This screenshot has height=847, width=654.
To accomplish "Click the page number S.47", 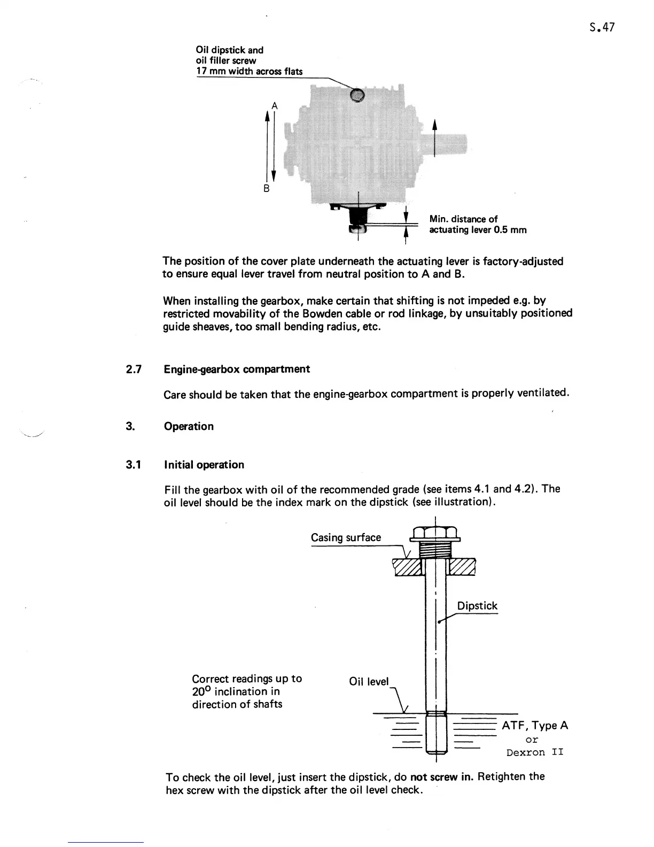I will click(x=599, y=27).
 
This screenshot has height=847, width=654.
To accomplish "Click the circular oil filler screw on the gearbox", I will click(x=357, y=95).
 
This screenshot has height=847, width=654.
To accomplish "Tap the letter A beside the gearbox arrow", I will click(x=274, y=105).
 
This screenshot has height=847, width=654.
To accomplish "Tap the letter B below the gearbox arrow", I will click(x=267, y=189).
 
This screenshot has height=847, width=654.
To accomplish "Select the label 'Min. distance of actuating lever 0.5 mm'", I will click(x=478, y=225).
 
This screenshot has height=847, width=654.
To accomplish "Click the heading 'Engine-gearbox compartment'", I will click(x=237, y=369).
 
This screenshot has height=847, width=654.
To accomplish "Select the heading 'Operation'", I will click(x=189, y=426).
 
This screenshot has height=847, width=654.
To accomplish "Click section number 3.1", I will click(x=133, y=465).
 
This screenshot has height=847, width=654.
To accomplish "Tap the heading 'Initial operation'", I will click(x=204, y=465).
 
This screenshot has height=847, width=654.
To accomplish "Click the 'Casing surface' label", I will click(x=346, y=537).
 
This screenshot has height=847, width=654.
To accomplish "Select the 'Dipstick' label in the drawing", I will click(x=477, y=606).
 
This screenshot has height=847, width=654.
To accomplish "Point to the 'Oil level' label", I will click(x=369, y=681).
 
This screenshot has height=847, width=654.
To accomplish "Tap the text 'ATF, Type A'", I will click(x=535, y=726).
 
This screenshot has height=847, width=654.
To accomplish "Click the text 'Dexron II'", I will click(x=535, y=752).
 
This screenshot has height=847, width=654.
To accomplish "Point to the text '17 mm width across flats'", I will click(x=250, y=71).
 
